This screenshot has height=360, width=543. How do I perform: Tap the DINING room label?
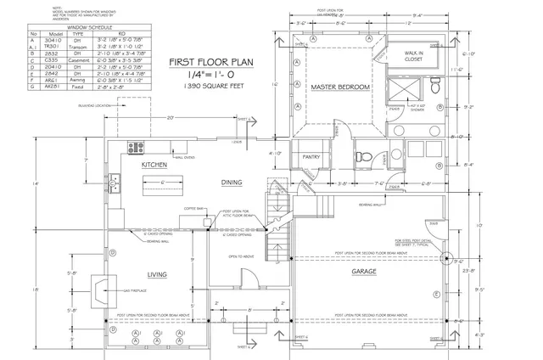232,183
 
